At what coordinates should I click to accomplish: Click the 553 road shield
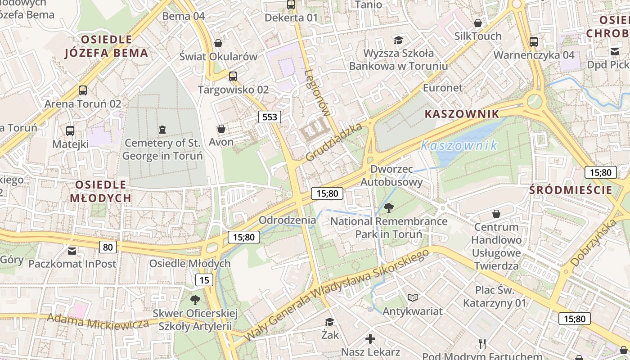click(270, 117)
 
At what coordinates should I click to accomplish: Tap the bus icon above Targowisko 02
click(233, 76)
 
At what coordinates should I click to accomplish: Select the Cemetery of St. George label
click(162, 149)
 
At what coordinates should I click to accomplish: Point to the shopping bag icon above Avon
click(221, 129)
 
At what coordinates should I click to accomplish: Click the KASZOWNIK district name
click(462, 114)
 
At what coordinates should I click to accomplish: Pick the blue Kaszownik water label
click(459, 145)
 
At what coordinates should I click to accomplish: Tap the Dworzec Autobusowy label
click(391, 175)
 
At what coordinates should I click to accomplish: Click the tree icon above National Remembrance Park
click(388, 207)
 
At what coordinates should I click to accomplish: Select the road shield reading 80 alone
click(108, 247)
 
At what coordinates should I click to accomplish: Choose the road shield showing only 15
click(204, 280)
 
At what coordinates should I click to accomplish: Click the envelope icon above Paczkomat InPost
click(72, 251)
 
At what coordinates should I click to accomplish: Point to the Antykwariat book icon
click(413, 297)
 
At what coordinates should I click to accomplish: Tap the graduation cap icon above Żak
click(330, 322)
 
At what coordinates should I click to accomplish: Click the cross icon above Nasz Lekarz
click(370, 338)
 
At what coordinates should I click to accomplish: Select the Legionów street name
click(318, 99)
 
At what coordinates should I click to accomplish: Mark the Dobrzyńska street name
click(593, 243)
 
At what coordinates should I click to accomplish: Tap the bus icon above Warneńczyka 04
click(534, 42)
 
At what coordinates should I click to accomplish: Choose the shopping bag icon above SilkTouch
click(478, 22)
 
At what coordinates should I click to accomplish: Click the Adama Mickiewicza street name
click(98, 321)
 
